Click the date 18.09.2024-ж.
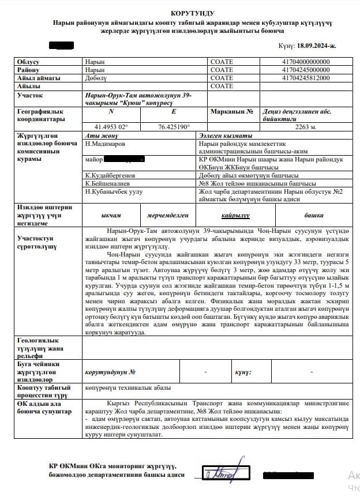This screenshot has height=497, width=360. tap(314, 45)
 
